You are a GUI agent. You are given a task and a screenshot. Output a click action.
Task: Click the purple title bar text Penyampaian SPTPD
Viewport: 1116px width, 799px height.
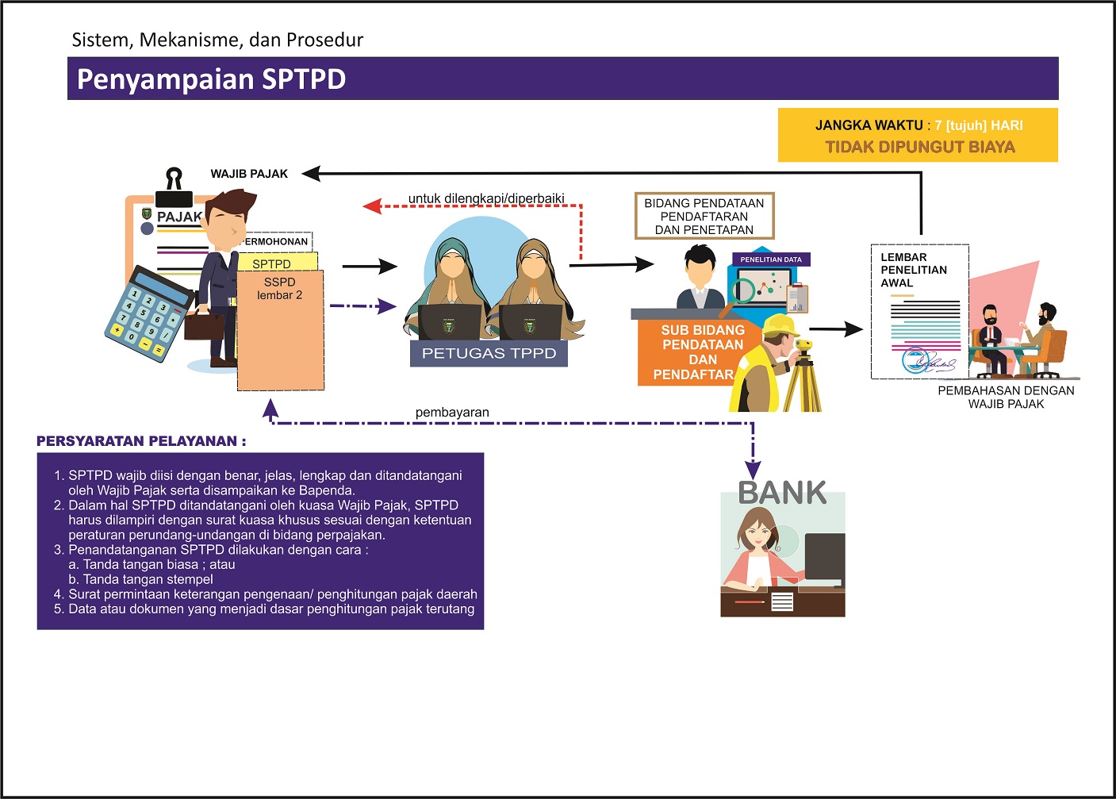point(211,79)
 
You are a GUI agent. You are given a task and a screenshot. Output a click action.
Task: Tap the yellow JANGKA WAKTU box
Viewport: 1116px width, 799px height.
point(918,135)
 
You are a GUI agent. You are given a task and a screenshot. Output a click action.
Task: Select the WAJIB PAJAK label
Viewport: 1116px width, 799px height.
point(249,174)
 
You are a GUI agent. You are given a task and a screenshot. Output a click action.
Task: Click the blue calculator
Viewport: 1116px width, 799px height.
point(148,313)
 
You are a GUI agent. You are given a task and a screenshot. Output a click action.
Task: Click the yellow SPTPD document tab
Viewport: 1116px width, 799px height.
point(274,263)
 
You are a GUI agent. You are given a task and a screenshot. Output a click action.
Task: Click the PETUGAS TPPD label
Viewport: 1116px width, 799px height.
point(489,353)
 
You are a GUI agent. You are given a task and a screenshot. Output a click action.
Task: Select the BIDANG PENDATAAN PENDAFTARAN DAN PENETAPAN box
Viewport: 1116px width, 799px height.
point(704,216)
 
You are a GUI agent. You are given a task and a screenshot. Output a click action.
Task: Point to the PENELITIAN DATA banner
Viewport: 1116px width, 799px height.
point(770,259)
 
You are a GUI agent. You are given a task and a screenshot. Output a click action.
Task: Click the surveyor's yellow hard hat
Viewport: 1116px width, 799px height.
point(781,325)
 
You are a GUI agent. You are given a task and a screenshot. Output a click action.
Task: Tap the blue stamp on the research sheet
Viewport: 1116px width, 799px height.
point(915,360)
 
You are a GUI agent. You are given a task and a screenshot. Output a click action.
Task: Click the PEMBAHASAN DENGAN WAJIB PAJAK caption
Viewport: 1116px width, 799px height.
point(1006,397)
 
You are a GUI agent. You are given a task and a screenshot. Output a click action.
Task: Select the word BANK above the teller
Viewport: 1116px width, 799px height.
point(782,493)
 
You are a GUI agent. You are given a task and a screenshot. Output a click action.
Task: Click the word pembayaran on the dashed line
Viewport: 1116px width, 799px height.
point(452,413)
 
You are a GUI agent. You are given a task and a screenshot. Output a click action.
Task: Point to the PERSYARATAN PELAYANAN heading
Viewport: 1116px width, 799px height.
point(141,441)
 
